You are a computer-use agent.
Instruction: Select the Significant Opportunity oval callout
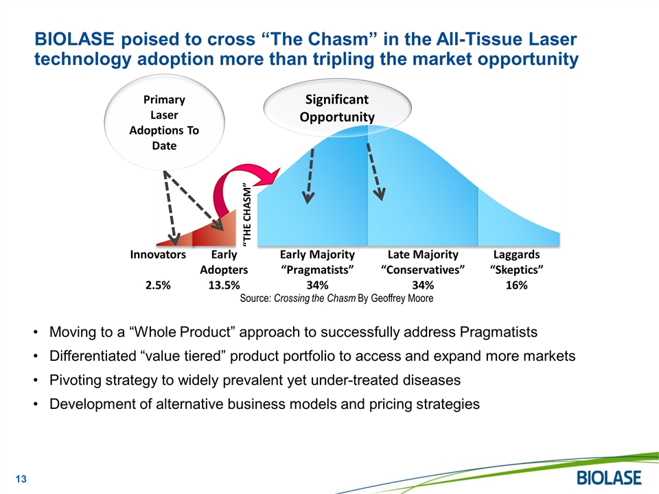[x=337, y=108]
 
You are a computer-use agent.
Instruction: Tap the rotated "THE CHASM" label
[x=248, y=213]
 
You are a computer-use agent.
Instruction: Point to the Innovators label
[x=158, y=255]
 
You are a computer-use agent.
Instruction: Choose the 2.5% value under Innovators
[x=158, y=285]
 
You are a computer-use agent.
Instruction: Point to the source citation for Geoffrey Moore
[x=336, y=298]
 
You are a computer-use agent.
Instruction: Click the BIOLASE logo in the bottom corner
[x=609, y=478]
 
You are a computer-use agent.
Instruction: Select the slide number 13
[x=21, y=478]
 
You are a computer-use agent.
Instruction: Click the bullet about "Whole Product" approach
[x=293, y=333]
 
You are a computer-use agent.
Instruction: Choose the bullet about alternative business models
[x=264, y=404]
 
